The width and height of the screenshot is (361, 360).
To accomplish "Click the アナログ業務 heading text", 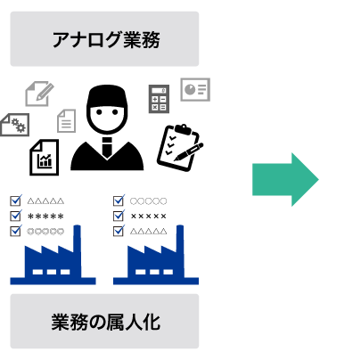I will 105,40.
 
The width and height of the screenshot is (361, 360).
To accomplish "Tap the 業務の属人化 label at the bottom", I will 105,322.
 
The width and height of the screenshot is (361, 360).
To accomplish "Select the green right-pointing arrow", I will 284,179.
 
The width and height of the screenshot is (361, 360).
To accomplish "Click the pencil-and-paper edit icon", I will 38,94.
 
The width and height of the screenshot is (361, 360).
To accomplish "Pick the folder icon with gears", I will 14,125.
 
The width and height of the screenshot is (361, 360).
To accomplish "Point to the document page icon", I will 66,120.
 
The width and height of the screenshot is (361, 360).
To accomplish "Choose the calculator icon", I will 159,99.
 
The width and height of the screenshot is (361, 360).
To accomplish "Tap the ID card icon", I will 195,89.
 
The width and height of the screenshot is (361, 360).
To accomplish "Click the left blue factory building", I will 53,258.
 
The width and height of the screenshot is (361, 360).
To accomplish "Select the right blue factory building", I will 156,258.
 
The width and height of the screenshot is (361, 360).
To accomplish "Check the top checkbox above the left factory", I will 15,200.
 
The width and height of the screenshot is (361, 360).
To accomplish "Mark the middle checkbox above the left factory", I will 15,216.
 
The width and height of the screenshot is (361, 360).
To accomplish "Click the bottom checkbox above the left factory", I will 15,231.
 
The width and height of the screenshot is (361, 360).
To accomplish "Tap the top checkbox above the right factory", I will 119,200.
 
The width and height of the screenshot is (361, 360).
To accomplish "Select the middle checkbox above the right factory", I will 119,216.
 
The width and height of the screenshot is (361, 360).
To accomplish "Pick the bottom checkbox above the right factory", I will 119,231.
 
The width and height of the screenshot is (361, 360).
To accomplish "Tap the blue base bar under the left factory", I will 53,281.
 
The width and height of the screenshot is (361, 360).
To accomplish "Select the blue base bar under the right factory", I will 156,281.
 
